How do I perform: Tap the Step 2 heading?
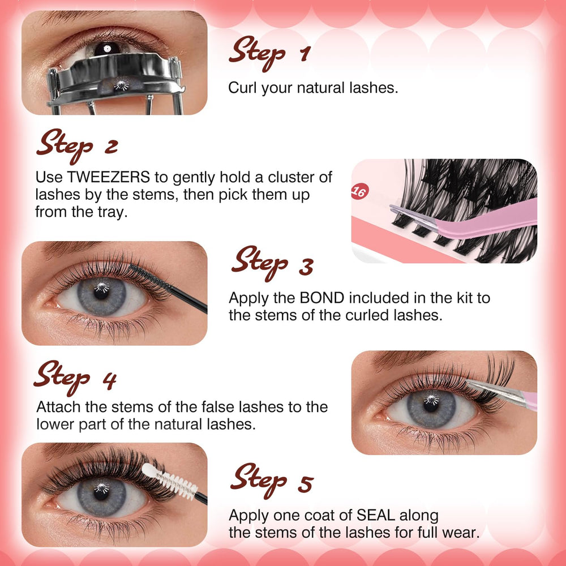(x=77, y=146)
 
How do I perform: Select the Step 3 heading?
(x=272, y=264)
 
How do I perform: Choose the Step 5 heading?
(x=272, y=481)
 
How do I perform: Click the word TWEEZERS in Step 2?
(x=108, y=177)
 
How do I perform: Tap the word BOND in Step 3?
(x=322, y=298)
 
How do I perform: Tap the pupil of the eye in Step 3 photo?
(x=101, y=291)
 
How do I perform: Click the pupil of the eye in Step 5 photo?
(x=101, y=492)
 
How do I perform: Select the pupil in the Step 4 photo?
(x=431, y=404)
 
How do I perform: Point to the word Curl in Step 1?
(x=243, y=88)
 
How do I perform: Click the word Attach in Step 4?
(x=59, y=407)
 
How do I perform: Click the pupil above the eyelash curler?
(x=107, y=49)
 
